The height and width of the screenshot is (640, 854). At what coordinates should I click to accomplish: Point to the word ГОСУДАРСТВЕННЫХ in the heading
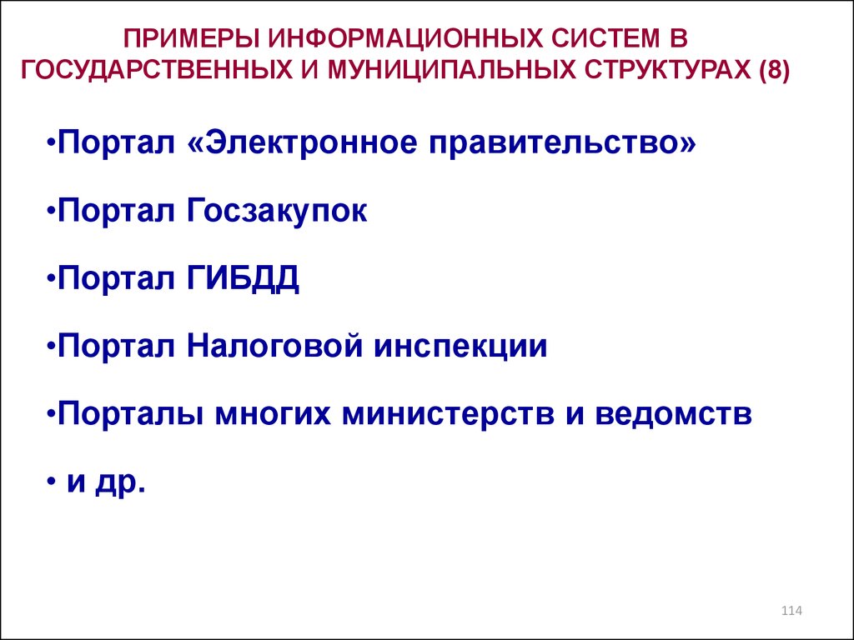(x=157, y=71)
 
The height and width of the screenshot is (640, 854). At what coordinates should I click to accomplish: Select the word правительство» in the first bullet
(x=563, y=143)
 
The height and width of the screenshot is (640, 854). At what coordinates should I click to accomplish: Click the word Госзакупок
(x=277, y=211)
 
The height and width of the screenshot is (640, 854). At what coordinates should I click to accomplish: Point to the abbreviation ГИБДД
(x=243, y=278)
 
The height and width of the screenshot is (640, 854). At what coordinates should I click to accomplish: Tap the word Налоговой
(x=274, y=346)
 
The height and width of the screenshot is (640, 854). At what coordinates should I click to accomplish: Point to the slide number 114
(x=791, y=611)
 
